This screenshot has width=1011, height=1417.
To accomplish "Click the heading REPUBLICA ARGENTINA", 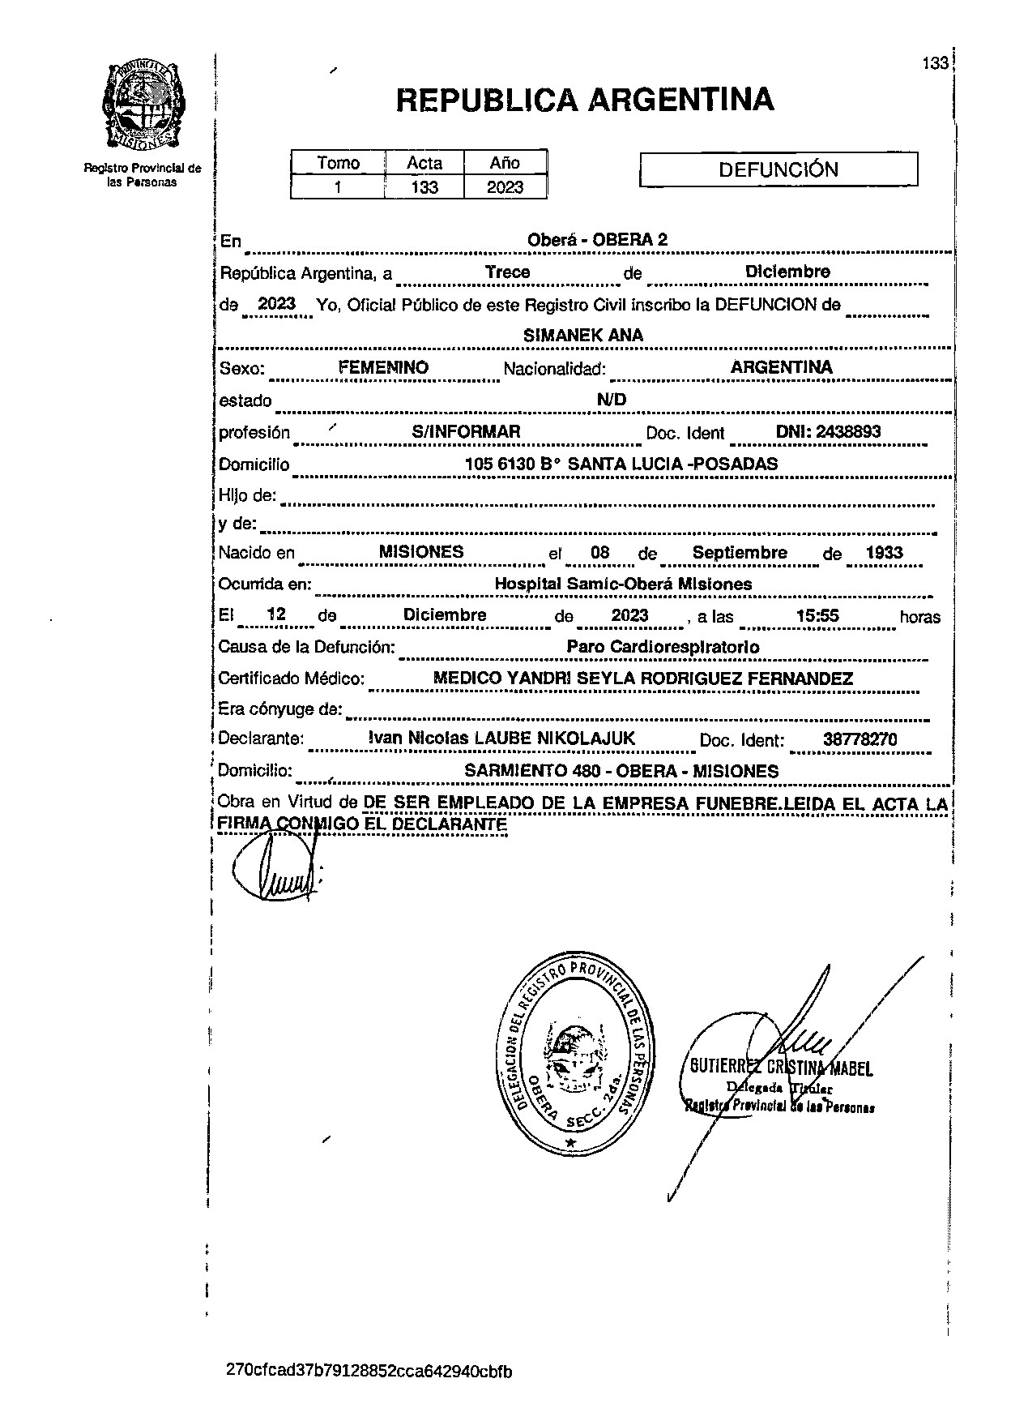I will click(x=585, y=100).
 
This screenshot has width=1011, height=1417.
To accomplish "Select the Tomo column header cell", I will click(x=338, y=162).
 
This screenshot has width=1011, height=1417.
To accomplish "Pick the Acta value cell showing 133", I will click(x=424, y=187).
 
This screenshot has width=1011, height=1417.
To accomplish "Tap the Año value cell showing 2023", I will click(x=505, y=187).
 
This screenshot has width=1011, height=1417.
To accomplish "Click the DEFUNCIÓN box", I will click(x=779, y=170).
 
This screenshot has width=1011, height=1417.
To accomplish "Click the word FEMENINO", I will click(x=383, y=367).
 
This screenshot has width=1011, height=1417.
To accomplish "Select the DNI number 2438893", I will click(x=828, y=431).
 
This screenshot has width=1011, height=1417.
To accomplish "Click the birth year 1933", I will click(x=884, y=553).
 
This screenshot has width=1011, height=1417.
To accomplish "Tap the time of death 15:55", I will click(x=817, y=616).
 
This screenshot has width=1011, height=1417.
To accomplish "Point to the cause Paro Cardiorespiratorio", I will click(x=663, y=647).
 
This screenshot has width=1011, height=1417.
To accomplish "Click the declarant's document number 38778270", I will click(x=860, y=739).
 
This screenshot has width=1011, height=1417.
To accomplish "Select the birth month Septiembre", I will click(x=740, y=553).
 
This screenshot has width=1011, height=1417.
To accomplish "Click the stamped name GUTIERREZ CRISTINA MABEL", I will click(x=780, y=1068).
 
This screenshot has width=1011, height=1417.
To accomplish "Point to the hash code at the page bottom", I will click(x=369, y=1372).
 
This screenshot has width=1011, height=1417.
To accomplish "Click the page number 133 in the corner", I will click(x=935, y=63).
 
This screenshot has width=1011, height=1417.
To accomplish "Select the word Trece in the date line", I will click(x=508, y=272).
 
